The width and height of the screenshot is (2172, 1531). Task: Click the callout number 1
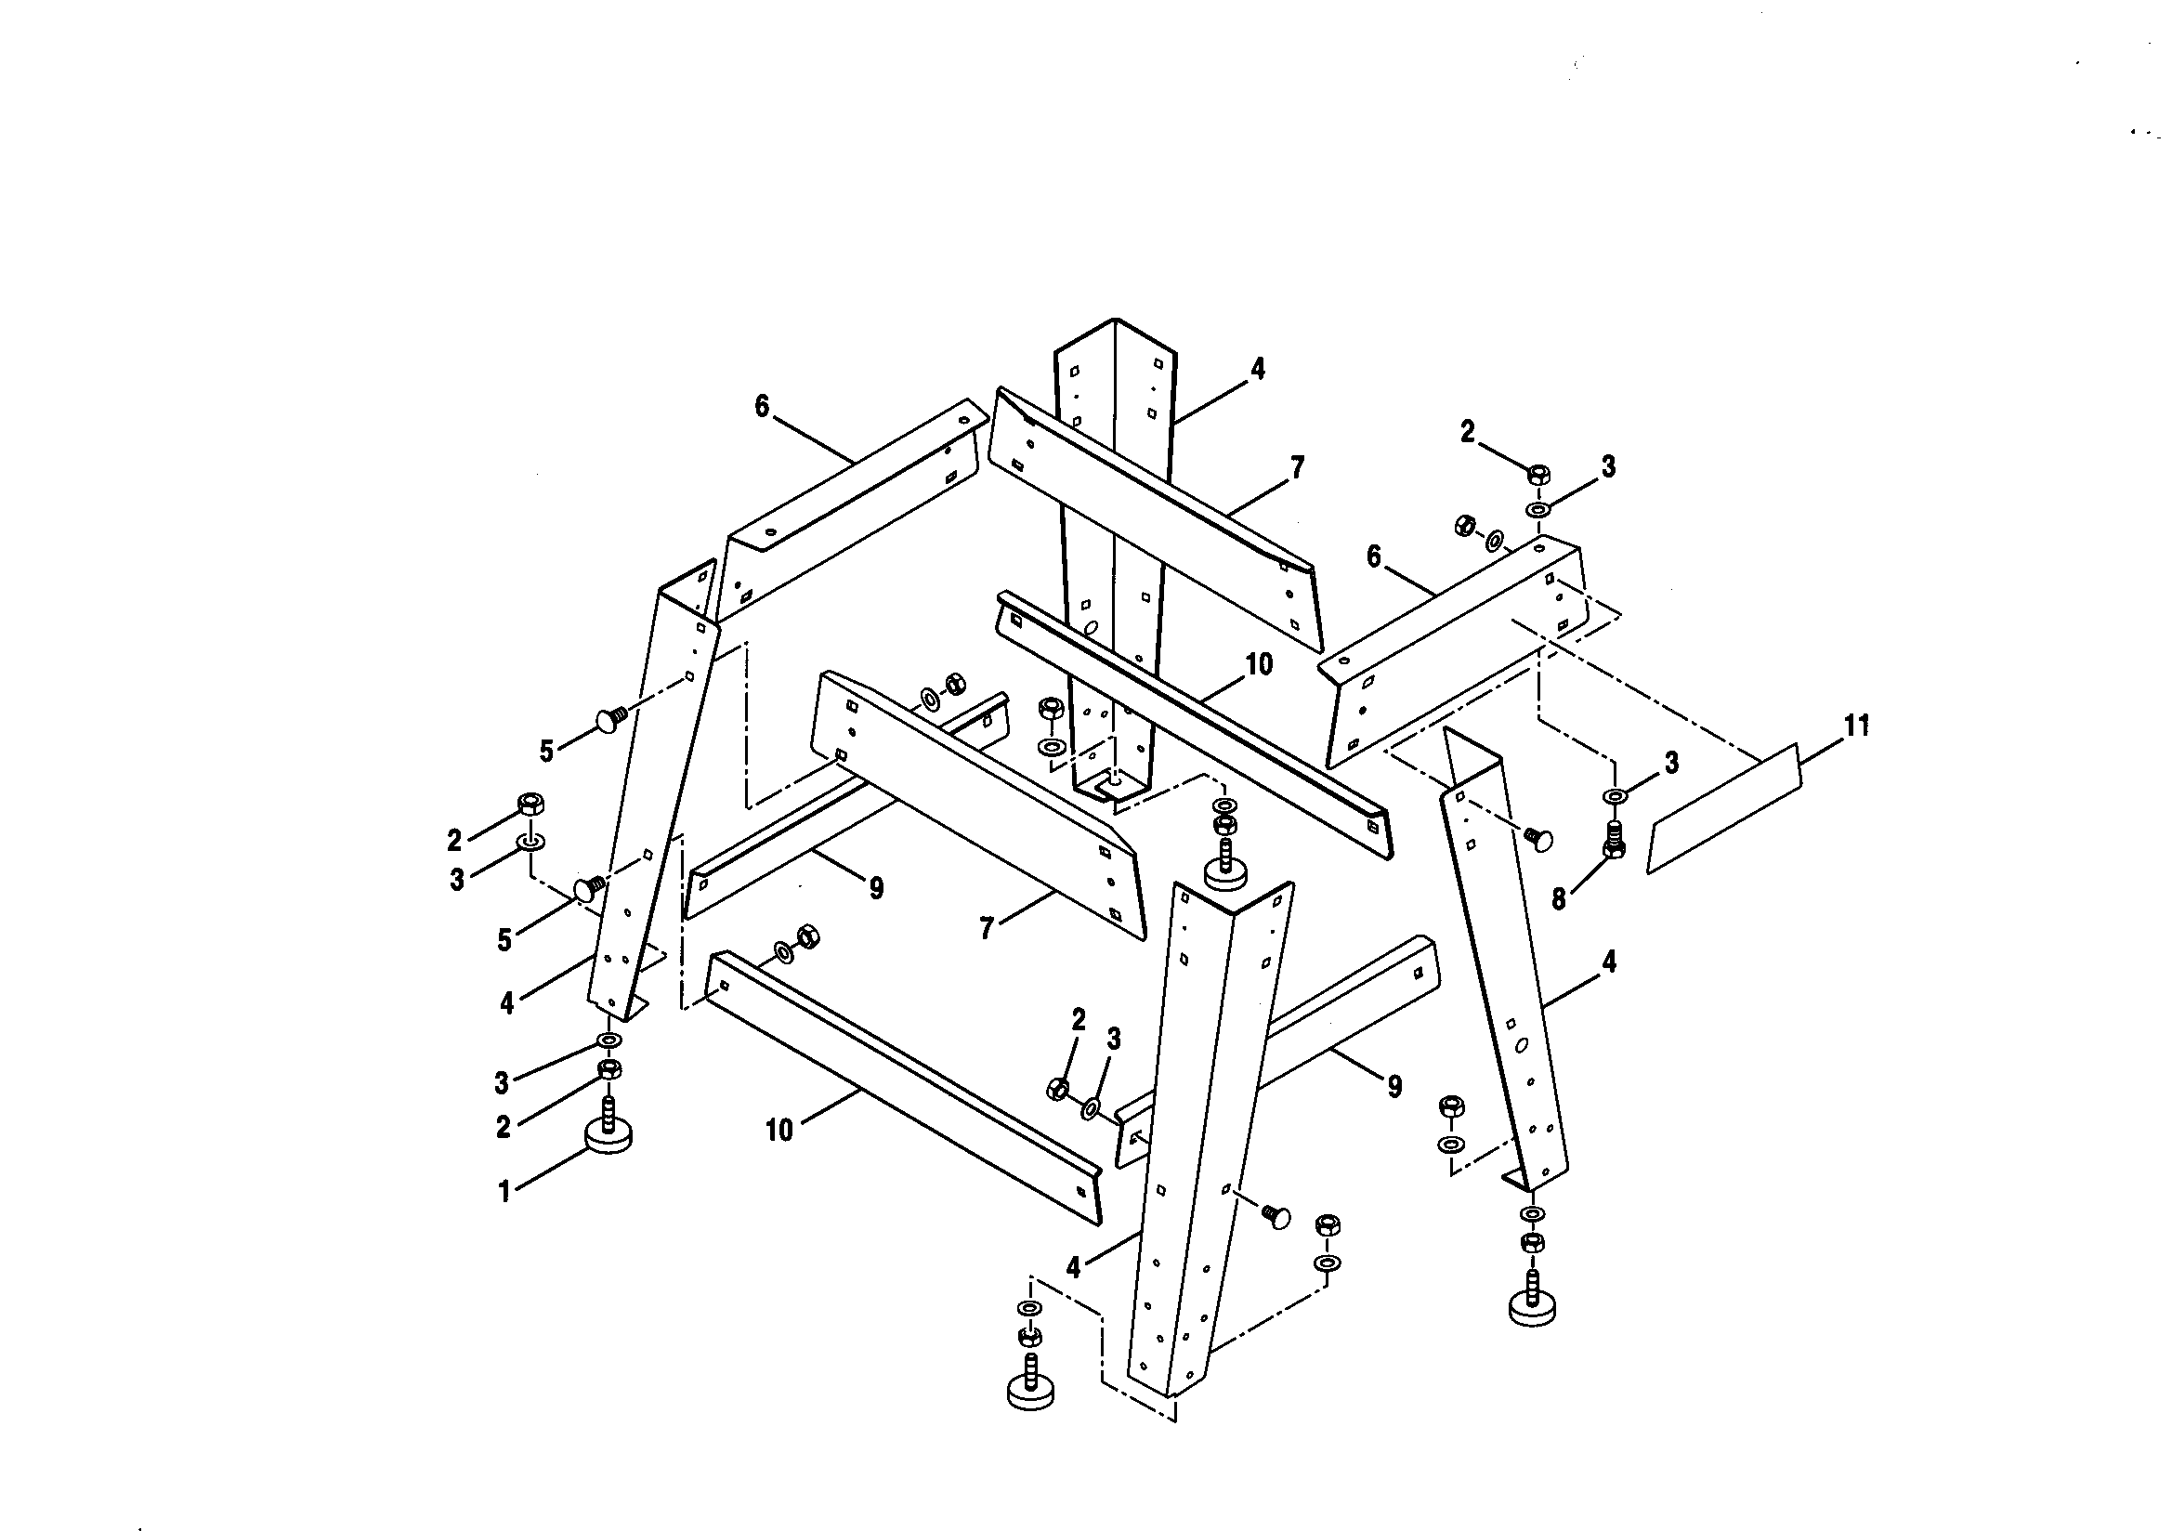504,1191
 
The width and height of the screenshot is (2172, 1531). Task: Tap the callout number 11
1857,726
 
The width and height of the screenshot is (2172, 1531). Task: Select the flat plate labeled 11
1723,809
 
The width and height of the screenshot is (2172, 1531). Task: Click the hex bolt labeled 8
1614,840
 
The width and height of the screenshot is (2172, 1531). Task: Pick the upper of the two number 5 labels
546,752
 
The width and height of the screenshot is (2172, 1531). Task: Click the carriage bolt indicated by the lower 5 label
587,888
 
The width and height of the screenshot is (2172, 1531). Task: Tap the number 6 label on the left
763,407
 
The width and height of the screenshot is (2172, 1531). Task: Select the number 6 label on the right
1374,557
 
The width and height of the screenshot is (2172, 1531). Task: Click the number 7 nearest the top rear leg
1297,467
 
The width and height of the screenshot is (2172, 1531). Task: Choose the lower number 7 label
987,929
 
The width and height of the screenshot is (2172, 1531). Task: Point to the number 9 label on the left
876,887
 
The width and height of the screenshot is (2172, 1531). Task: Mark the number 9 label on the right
1394,1086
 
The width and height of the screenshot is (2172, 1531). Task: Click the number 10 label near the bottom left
779,1130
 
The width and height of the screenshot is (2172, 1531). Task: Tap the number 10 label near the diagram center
1259,664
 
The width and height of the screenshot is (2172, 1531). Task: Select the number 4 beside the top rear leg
1257,369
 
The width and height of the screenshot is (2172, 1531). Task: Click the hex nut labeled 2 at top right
1538,473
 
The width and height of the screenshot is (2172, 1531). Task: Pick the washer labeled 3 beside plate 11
1615,795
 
